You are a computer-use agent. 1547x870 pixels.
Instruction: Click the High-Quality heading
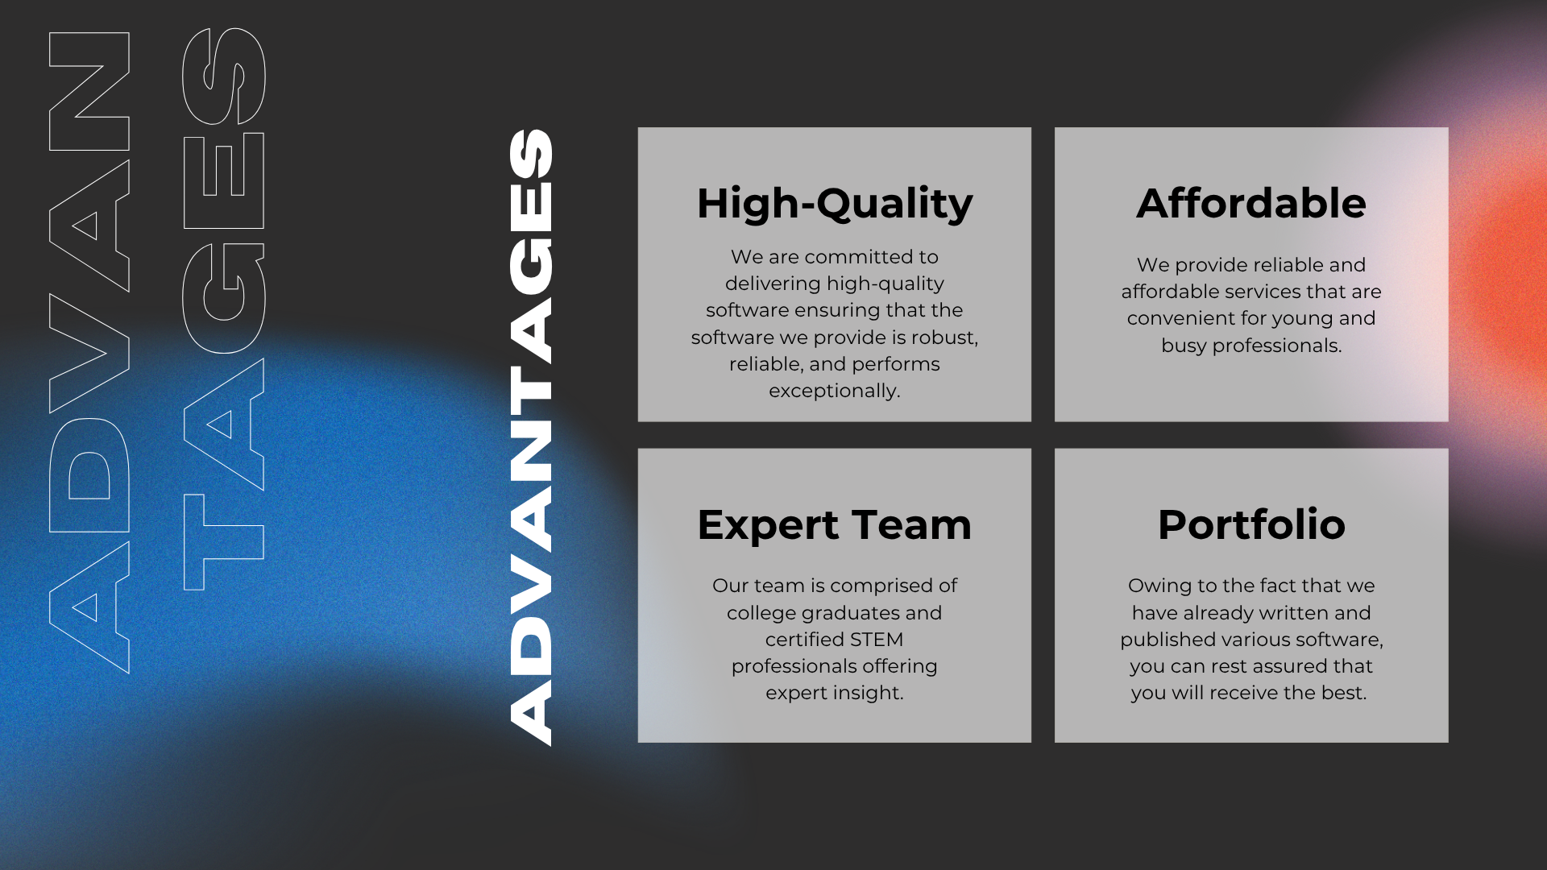click(835, 204)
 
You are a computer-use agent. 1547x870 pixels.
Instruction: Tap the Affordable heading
click(1251, 203)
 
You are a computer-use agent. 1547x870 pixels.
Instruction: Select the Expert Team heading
click(835, 525)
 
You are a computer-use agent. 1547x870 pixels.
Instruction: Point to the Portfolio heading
click(1251, 524)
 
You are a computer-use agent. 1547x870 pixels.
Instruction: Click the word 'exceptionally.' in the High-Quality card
click(835, 391)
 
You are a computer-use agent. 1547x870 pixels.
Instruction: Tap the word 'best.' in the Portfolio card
click(1346, 693)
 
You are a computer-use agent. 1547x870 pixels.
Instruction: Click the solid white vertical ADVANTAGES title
click(530, 437)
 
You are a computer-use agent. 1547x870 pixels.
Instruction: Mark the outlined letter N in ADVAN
click(89, 91)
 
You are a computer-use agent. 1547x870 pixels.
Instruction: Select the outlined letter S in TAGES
click(224, 77)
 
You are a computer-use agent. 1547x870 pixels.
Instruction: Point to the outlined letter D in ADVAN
click(89, 475)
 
